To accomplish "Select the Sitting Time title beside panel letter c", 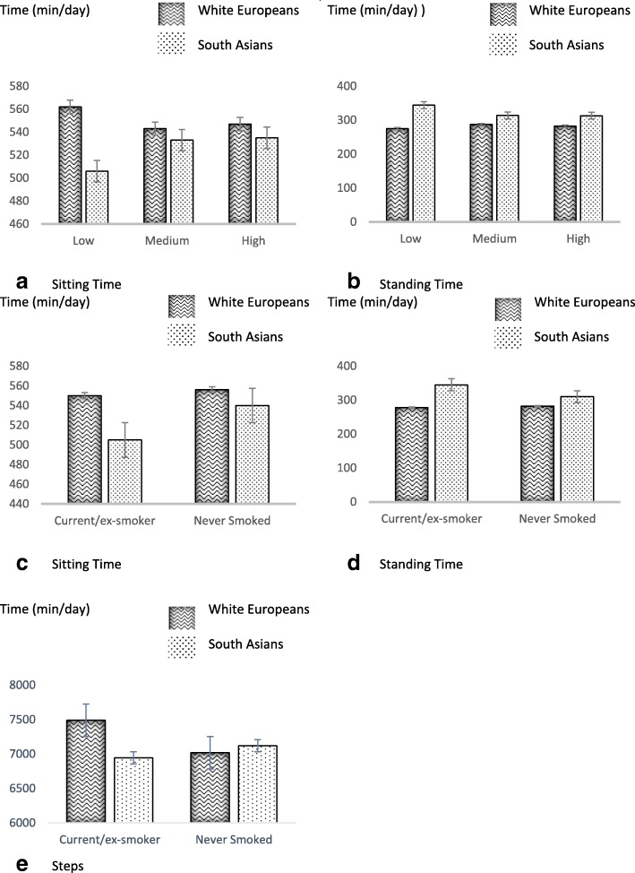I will tap(87, 565).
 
